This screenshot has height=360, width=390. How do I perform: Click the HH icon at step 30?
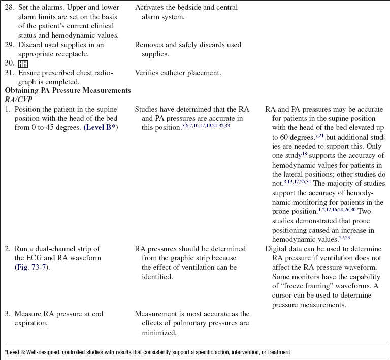[23, 63]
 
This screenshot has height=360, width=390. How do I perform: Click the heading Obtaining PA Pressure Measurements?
[68, 91]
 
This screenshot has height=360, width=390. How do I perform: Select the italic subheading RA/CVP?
[19, 100]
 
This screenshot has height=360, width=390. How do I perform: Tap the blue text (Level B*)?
[100, 127]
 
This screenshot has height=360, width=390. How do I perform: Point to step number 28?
[10, 8]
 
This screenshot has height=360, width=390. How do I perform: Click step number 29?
[10, 45]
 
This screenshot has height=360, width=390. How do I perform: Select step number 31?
[10, 73]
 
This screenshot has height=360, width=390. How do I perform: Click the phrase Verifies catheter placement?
[178, 73]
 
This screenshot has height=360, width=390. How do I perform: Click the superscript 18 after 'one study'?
[305, 153]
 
